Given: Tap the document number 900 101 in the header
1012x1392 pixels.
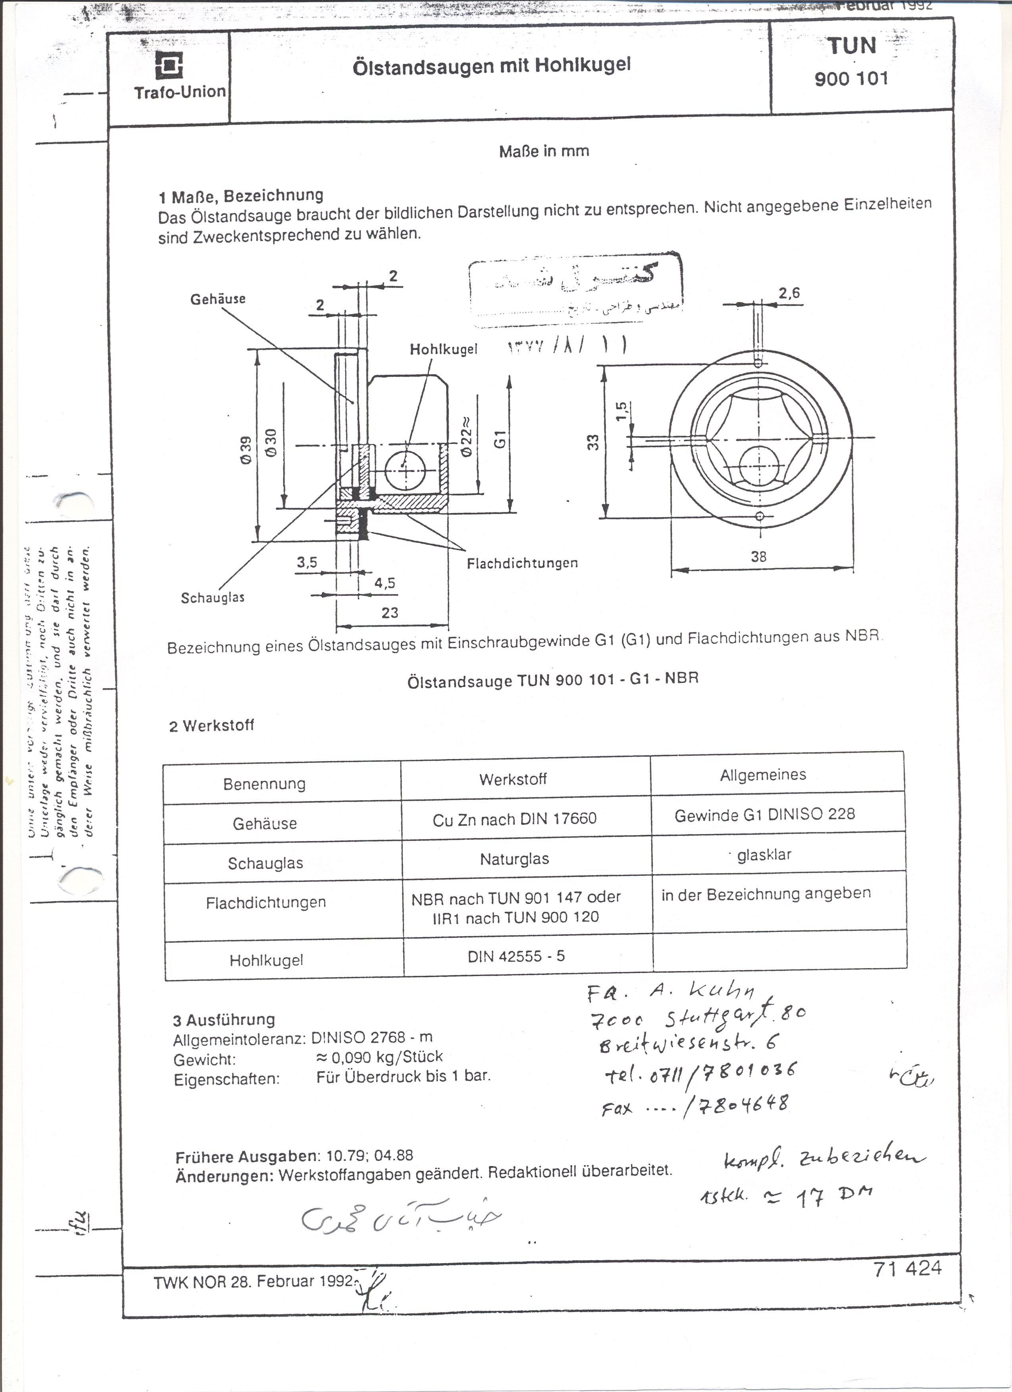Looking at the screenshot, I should (x=851, y=79).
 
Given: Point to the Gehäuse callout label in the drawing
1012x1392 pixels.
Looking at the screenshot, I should (x=217, y=299).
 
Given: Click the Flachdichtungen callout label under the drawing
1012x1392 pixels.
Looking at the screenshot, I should (x=522, y=562).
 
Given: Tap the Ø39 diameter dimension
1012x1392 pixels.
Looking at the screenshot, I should (x=246, y=450).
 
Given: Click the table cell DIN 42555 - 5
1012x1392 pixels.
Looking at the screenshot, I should (x=516, y=956).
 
